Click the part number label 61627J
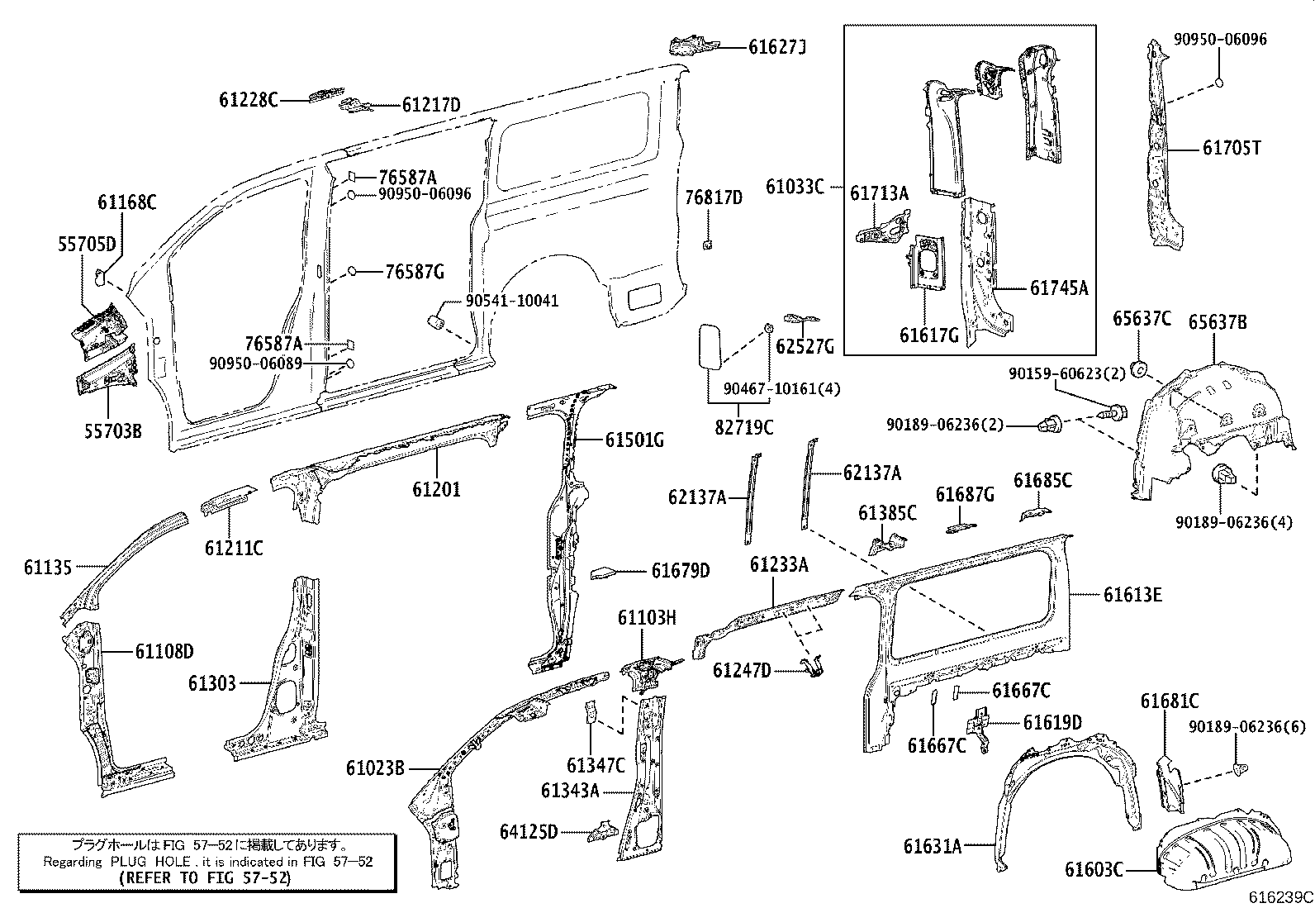(x=776, y=47)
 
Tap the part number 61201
(x=437, y=489)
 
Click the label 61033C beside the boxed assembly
(x=795, y=186)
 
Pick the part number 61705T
(x=1232, y=148)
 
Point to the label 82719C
(x=744, y=427)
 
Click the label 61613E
(x=1132, y=594)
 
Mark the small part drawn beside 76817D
(x=708, y=244)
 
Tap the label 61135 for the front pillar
(x=47, y=567)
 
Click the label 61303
(x=211, y=683)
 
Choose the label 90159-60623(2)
(x=1066, y=373)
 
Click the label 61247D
(x=741, y=669)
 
